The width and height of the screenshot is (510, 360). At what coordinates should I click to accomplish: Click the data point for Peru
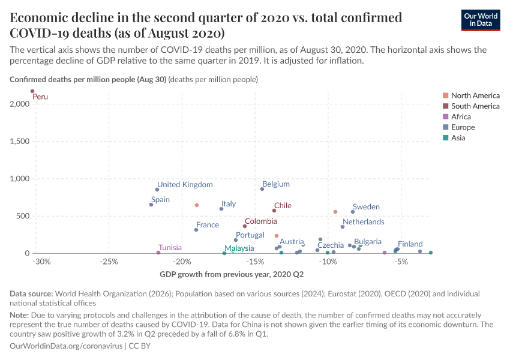[x=32, y=91]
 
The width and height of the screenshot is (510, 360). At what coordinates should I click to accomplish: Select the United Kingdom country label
[x=185, y=185]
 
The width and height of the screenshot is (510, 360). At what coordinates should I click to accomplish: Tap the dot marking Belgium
[x=262, y=189]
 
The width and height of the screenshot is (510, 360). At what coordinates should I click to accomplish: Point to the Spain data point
[x=151, y=205]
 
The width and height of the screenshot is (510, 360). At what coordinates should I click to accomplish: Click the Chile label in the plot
[x=283, y=206]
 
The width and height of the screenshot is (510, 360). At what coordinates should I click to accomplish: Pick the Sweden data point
[x=353, y=212]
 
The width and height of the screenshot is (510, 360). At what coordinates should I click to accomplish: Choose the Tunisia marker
[x=158, y=253]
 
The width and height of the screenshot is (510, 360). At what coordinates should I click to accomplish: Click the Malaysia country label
[x=239, y=248]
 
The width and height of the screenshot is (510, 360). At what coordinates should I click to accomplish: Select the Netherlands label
[x=363, y=222]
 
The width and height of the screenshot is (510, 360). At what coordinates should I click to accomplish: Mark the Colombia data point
[x=245, y=226]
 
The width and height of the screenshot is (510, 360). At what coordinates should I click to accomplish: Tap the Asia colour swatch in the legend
[x=445, y=138]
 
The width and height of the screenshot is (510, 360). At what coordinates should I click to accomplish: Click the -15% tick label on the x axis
[x=255, y=262]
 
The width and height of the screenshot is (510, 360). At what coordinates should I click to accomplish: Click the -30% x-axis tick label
[x=41, y=262]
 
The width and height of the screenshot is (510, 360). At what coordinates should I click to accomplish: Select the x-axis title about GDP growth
[x=232, y=275]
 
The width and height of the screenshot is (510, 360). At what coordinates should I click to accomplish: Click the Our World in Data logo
[x=481, y=19]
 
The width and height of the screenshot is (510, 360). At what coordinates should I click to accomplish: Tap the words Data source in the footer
[x=31, y=294]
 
